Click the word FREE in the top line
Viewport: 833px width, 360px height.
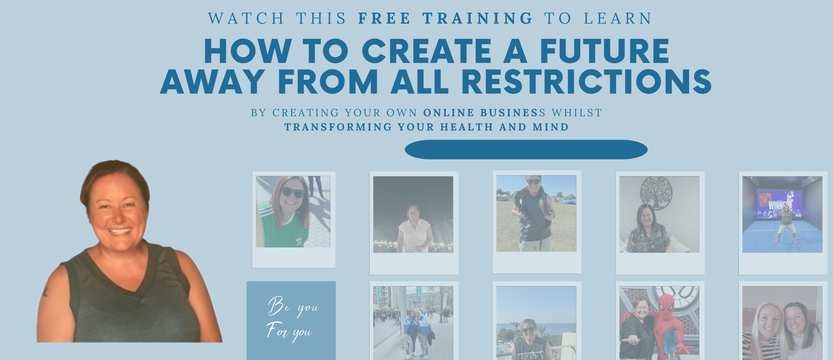point(384,18)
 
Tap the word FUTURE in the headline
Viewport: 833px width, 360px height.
point(604,51)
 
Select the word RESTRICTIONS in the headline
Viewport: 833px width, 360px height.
point(586,82)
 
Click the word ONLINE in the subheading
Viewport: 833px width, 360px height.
point(448,113)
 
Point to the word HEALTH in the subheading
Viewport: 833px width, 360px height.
point(466,127)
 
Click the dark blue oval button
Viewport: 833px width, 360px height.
point(526,150)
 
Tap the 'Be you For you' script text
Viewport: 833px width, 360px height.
point(293,319)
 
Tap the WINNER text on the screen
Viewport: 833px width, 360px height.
point(778,204)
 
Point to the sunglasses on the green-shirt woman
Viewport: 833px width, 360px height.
point(293,192)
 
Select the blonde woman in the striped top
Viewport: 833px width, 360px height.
point(764,331)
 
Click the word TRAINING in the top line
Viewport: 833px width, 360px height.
point(478,18)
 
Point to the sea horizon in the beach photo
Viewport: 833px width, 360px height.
point(536,324)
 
